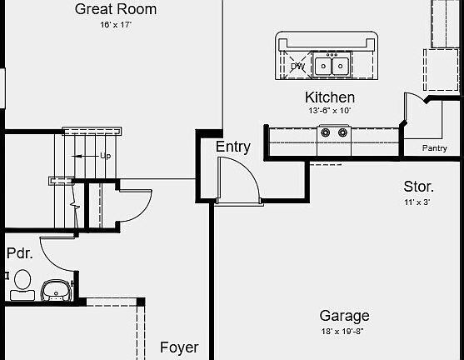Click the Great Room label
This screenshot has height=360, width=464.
pyautogui.click(x=116, y=9)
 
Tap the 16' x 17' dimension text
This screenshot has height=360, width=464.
pyautogui.click(x=116, y=24)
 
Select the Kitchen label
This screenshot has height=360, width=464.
pyautogui.click(x=330, y=97)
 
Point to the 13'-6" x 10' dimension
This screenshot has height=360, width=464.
pyautogui.click(x=330, y=111)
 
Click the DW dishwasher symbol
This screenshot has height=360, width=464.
pyautogui.click(x=297, y=66)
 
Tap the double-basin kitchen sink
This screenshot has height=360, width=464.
pyautogui.click(x=332, y=65)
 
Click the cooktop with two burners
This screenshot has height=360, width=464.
pyautogui.click(x=334, y=132)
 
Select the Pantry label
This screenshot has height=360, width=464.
pyautogui.click(x=434, y=147)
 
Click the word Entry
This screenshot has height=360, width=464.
pyautogui.click(x=233, y=147)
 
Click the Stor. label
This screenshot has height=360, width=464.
pyautogui.click(x=418, y=187)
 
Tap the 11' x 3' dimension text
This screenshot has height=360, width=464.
pyautogui.click(x=417, y=202)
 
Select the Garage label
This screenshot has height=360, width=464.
pyautogui.click(x=344, y=316)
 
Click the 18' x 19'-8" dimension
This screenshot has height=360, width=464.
pyautogui.click(x=342, y=332)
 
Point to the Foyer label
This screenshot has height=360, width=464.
pyautogui.click(x=179, y=347)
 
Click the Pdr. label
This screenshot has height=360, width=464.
pyautogui.click(x=19, y=253)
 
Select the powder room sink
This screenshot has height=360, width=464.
pyautogui.click(x=56, y=290)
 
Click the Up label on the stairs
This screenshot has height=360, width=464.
pyautogui.click(x=105, y=156)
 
